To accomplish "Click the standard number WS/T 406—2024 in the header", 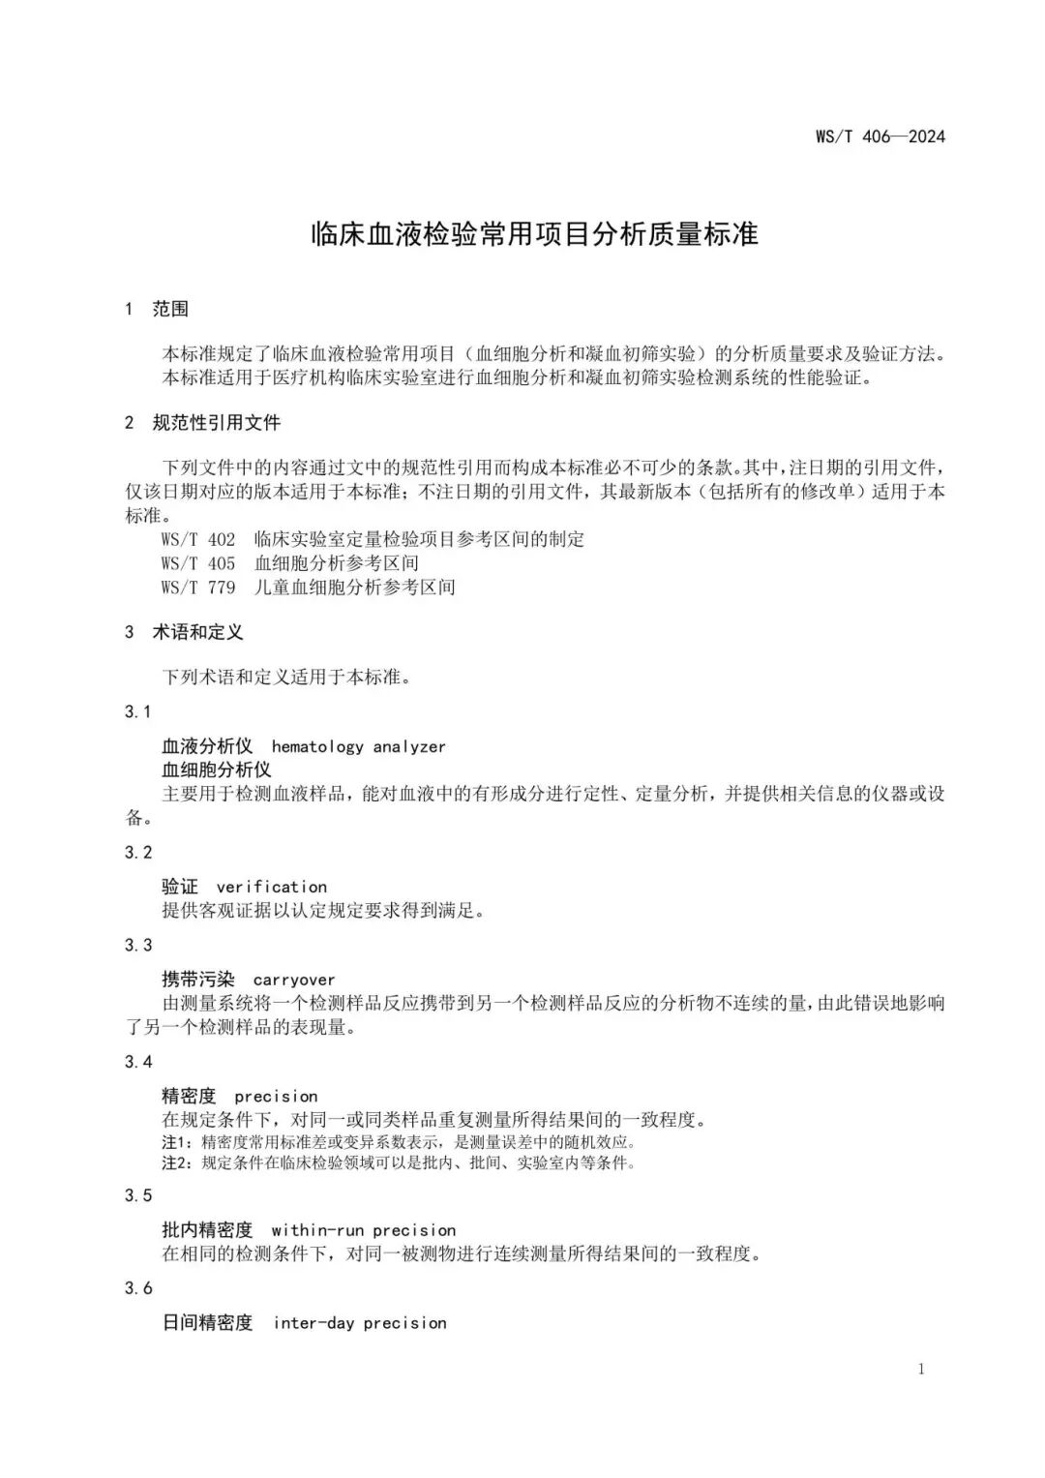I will [x=880, y=136].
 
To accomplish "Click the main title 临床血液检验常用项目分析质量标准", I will [x=534, y=234].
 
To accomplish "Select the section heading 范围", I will [x=170, y=309].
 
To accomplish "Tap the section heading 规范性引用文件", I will [x=216, y=423].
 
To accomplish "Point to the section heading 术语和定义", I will [x=197, y=632].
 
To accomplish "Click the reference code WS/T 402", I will [x=198, y=539].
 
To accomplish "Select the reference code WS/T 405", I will [x=198, y=563].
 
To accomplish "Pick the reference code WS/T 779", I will [x=198, y=587].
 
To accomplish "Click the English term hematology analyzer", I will [x=358, y=746].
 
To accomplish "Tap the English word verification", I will [x=272, y=887].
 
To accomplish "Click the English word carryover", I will [x=294, y=980].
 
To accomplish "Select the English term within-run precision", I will [x=364, y=1230].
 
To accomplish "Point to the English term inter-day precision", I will [x=360, y=1323].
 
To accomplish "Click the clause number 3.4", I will [x=138, y=1062].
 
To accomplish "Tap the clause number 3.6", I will [x=138, y=1287].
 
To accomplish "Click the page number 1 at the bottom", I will [x=920, y=1369].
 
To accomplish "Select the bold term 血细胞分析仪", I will [x=217, y=769].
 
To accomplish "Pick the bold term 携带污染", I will [x=198, y=980].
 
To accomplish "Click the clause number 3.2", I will [x=138, y=852].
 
